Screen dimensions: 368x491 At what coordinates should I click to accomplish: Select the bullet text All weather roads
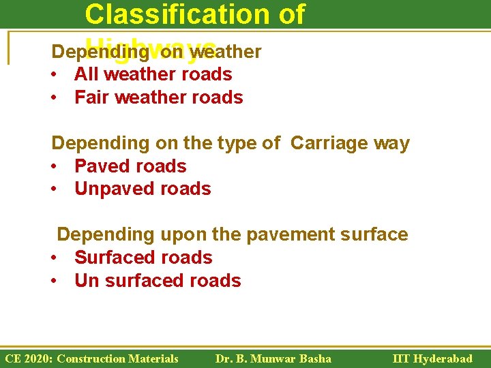pos(153,74)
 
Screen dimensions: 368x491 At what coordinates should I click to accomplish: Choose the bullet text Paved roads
pos(130,166)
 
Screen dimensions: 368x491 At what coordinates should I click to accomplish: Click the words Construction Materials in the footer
pos(118,358)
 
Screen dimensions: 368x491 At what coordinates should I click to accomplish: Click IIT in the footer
pos(402,358)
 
